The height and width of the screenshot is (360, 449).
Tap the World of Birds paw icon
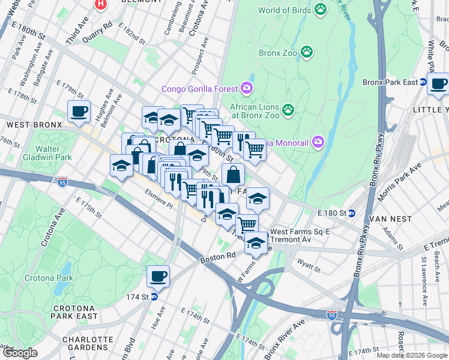pos(321,10)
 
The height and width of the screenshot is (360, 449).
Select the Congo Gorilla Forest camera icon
pos(247,89)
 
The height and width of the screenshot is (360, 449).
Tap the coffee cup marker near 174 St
pos(158,276)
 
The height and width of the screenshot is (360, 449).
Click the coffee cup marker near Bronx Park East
pos(438,84)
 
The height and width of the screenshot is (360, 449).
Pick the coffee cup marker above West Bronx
pos(79,111)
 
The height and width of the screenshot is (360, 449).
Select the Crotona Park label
pos(49,278)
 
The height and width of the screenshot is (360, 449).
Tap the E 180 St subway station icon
pos(352,213)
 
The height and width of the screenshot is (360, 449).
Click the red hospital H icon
pos(101,4)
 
